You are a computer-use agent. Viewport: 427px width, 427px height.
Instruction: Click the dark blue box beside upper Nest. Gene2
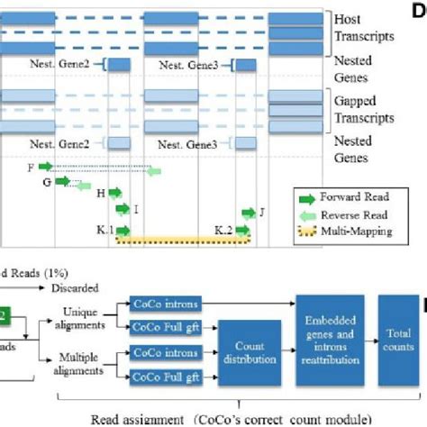tap(119, 64)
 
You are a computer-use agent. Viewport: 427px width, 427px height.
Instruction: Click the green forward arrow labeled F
tap(45, 166)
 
